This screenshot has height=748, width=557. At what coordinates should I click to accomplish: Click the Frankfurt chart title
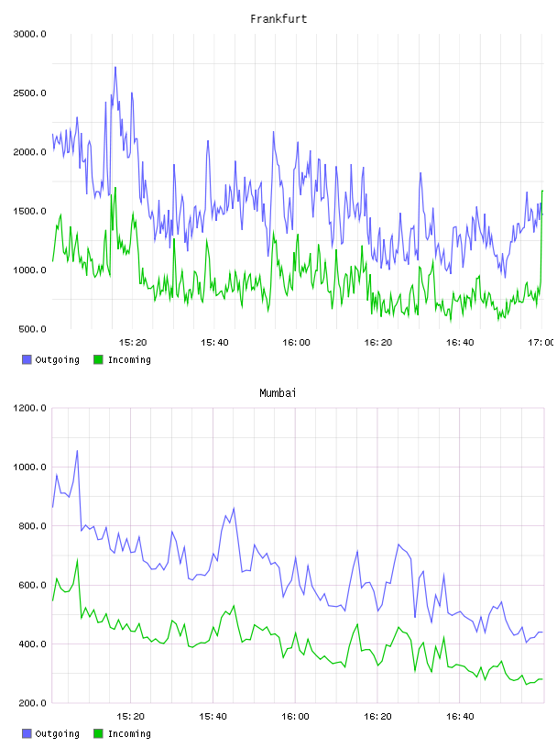278,19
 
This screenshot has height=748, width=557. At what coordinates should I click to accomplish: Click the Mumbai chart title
278,393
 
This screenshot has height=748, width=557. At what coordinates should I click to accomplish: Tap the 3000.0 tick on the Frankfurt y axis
30,34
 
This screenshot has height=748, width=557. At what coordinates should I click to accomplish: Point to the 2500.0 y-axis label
30,93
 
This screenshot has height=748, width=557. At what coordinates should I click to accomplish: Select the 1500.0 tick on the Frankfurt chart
30,211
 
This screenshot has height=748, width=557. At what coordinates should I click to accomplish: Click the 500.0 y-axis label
32,329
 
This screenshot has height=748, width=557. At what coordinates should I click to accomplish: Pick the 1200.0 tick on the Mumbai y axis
30,408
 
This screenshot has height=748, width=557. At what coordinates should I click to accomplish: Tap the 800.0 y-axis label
32,526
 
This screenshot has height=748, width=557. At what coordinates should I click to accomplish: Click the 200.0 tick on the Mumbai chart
32,703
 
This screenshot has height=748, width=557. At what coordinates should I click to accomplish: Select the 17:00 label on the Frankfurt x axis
541,343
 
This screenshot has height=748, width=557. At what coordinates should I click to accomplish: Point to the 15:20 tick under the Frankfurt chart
133,343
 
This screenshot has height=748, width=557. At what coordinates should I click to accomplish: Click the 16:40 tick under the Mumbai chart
460,717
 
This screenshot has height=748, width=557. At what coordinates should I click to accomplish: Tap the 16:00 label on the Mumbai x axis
296,717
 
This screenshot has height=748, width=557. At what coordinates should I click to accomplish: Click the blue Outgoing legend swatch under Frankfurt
27,359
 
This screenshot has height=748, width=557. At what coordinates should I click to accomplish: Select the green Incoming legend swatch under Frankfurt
98,359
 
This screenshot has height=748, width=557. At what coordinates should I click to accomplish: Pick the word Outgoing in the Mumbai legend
57,733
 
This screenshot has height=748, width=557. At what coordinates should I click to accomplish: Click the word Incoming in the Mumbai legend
129,733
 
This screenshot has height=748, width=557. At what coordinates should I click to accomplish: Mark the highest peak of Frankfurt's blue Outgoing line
115,67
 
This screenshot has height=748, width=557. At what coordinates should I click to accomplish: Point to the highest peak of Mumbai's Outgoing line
77,451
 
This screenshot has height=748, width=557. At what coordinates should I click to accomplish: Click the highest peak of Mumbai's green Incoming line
77,560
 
